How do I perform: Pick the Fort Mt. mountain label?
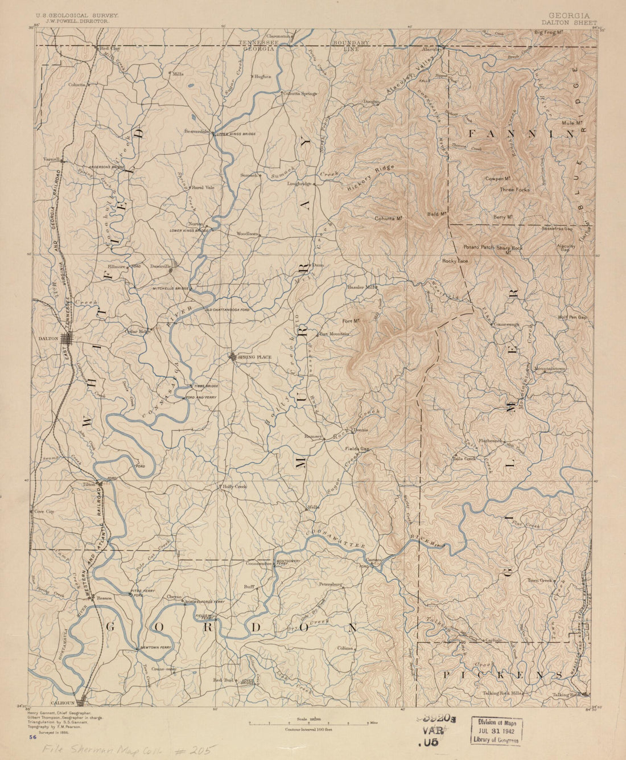[x=353, y=321]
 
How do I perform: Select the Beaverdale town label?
[x=197, y=130]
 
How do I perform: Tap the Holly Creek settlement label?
[x=234, y=487]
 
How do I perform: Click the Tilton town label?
[x=89, y=484]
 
